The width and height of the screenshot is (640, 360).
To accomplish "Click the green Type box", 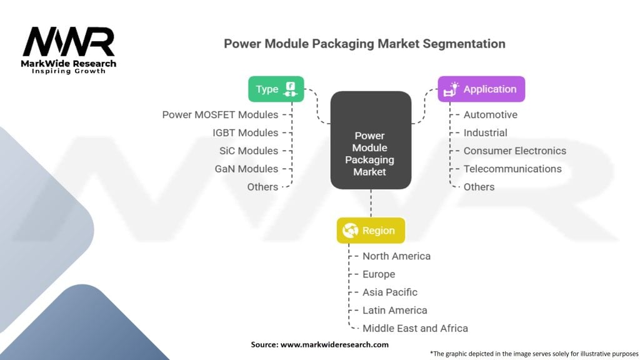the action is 276,89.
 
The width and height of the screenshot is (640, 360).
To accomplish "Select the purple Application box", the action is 481,89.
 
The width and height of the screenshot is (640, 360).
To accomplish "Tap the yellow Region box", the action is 371,231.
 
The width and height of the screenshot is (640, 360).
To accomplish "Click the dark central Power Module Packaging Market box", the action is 371,140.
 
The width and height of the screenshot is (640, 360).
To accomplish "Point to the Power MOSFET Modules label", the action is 220,115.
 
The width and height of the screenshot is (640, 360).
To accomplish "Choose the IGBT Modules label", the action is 245,132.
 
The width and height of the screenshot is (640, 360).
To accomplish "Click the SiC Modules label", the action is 249,151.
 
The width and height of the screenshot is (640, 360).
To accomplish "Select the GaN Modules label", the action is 246,169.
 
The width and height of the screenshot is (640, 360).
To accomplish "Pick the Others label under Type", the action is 262,187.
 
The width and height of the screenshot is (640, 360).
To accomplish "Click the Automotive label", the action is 490,115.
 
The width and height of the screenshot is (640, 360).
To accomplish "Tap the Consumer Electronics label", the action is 515,151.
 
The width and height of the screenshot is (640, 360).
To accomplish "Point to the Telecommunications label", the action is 512,169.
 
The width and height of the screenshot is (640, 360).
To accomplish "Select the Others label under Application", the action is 479,187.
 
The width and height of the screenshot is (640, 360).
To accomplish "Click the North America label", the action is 396,256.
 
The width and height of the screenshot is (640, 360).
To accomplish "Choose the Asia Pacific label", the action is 390,292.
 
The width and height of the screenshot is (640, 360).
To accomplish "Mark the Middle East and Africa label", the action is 415,328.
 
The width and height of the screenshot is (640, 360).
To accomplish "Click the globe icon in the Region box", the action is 350,231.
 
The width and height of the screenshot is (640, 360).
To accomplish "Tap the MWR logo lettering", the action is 69,42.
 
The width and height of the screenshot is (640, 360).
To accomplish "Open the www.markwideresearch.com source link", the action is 334,344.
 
